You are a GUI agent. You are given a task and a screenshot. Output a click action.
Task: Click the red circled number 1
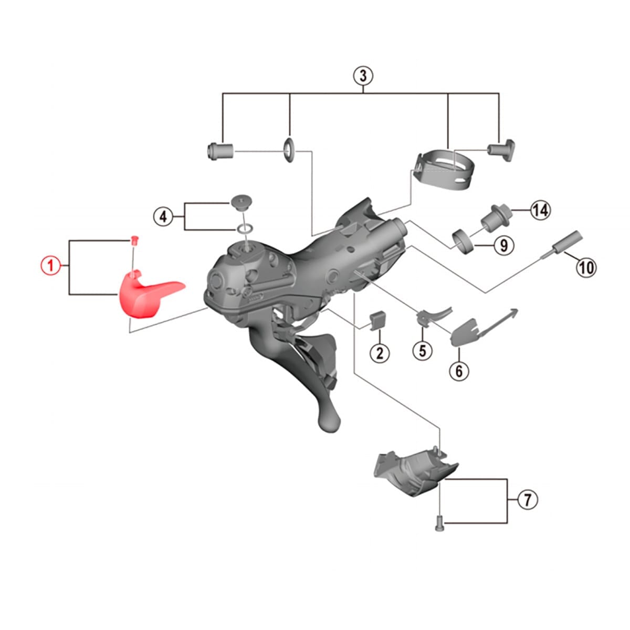click(x=51, y=265)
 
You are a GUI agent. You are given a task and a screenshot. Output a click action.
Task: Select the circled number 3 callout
click(x=363, y=76)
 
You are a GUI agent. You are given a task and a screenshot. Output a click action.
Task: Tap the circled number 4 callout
click(x=163, y=216)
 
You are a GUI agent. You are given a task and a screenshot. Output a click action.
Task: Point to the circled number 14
click(x=540, y=210)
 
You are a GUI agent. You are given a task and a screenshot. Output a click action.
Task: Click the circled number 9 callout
click(x=504, y=245)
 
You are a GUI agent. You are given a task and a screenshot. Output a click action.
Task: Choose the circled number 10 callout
click(x=586, y=267)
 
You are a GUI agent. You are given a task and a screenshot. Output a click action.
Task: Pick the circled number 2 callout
click(x=380, y=353)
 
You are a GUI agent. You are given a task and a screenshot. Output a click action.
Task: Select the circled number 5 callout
click(x=423, y=351)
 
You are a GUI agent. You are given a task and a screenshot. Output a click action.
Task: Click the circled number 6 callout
click(x=459, y=371)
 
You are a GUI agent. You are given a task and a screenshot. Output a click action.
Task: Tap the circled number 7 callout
click(x=527, y=499)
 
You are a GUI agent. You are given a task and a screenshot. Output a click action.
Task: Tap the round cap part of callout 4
click(x=241, y=202)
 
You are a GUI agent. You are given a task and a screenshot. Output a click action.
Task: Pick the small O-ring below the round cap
click(x=244, y=227)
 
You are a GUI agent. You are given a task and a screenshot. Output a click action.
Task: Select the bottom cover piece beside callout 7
click(x=415, y=472)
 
